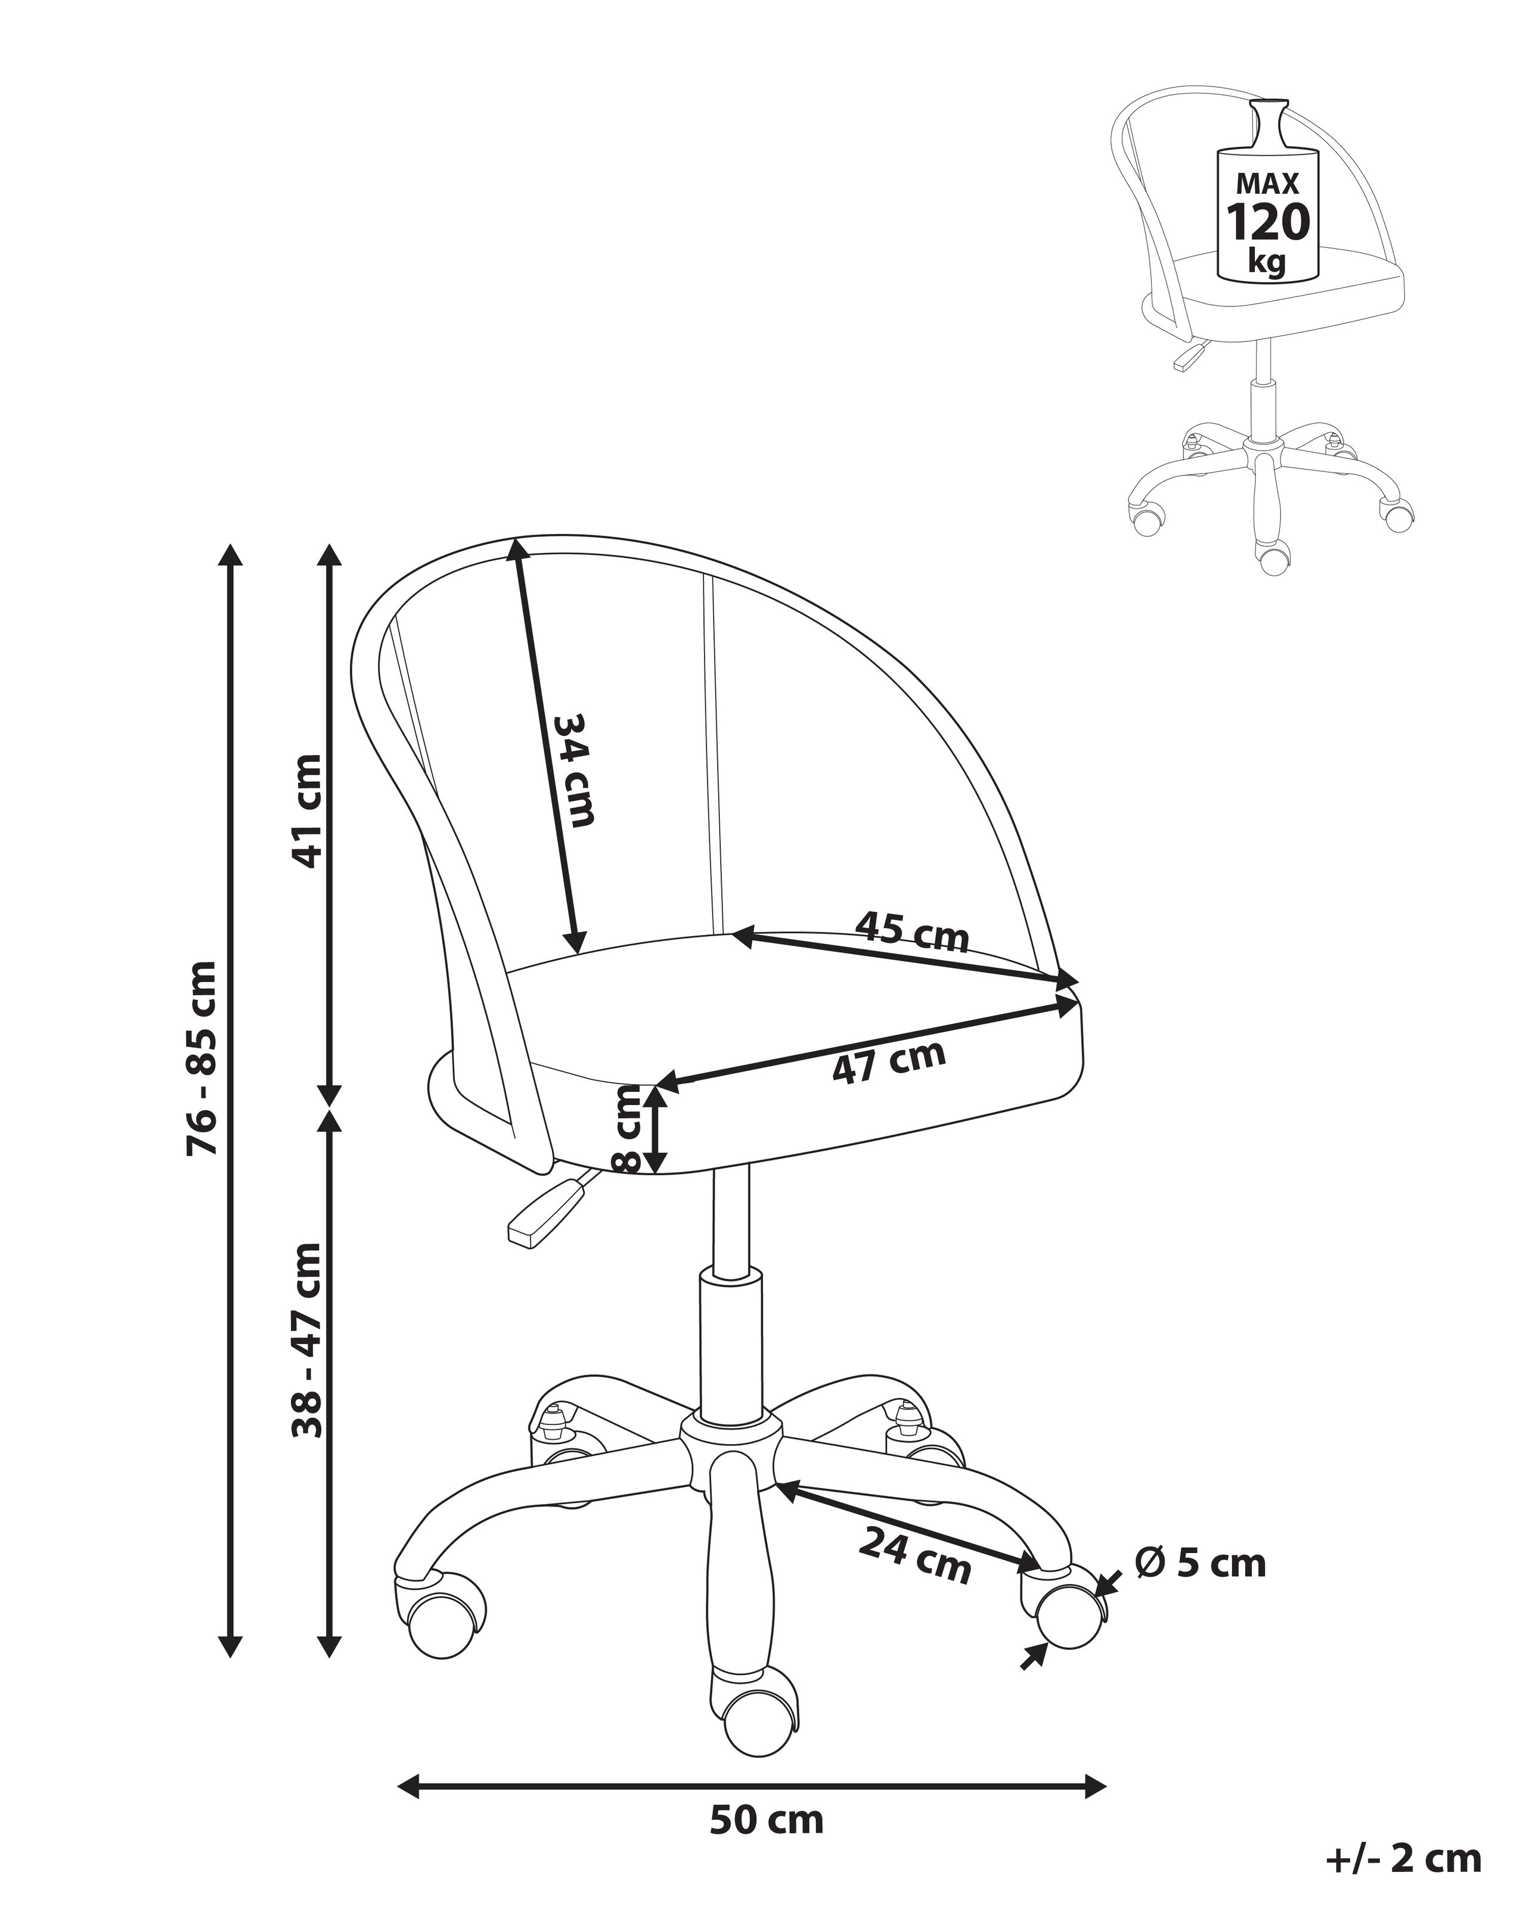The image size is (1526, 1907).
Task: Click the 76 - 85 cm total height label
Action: [x=201, y=1057]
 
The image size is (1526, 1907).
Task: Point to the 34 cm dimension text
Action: [x=574, y=769]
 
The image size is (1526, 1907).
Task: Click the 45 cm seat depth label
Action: [x=911, y=934]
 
